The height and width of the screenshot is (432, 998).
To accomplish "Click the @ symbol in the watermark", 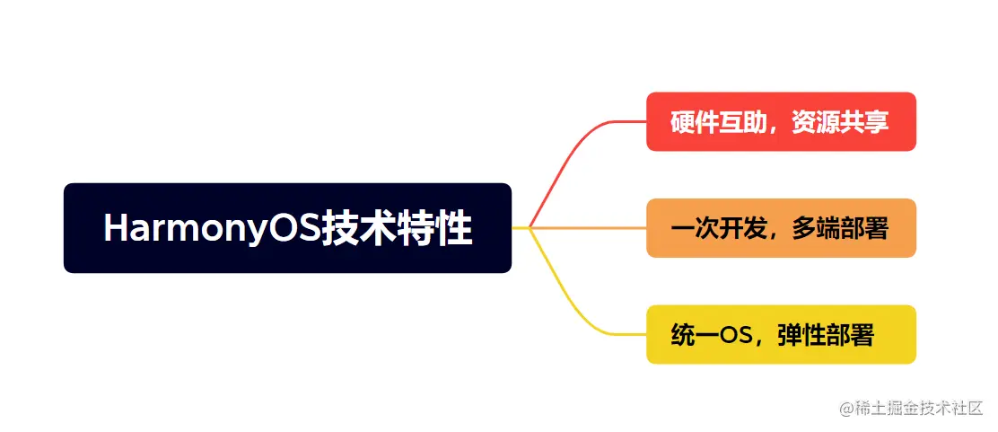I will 845,409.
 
